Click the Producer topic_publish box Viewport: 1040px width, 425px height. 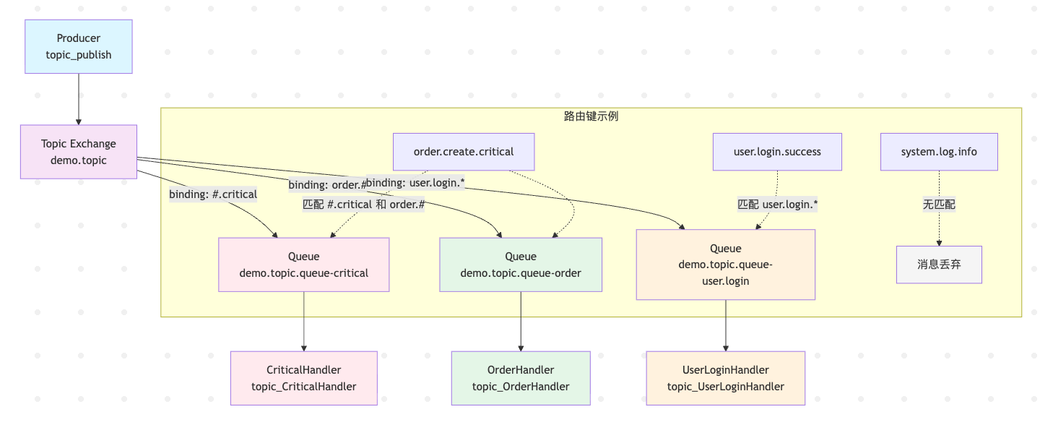click(x=79, y=46)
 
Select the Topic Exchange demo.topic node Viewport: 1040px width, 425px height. click(x=79, y=152)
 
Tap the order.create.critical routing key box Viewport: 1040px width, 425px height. click(x=464, y=152)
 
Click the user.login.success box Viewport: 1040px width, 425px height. click(x=777, y=152)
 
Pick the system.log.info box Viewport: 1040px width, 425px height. click(x=939, y=152)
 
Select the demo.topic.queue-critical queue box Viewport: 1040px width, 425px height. click(x=303, y=265)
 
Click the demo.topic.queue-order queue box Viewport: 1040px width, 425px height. click(x=521, y=265)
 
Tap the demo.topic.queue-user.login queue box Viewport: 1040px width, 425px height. click(x=726, y=265)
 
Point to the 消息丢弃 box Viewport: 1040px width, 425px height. click(x=939, y=265)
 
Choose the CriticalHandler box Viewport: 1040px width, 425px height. click(x=303, y=378)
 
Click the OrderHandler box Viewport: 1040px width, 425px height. click(x=521, y=378)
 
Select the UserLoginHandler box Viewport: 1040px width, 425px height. click(x=726, y=378)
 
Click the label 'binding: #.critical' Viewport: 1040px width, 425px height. click(x=213, y=194)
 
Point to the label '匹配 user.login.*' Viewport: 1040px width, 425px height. click(x=777, y=205)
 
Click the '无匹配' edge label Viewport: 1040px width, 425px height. click(x=939, y=205)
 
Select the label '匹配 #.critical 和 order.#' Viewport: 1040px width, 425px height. click(x=363, y=205)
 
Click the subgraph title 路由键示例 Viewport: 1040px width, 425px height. click(x=591, y=116)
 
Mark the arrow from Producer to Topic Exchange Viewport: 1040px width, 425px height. click(x=79, y=99)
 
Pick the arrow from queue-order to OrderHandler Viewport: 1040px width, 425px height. click(x=521, y=322)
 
